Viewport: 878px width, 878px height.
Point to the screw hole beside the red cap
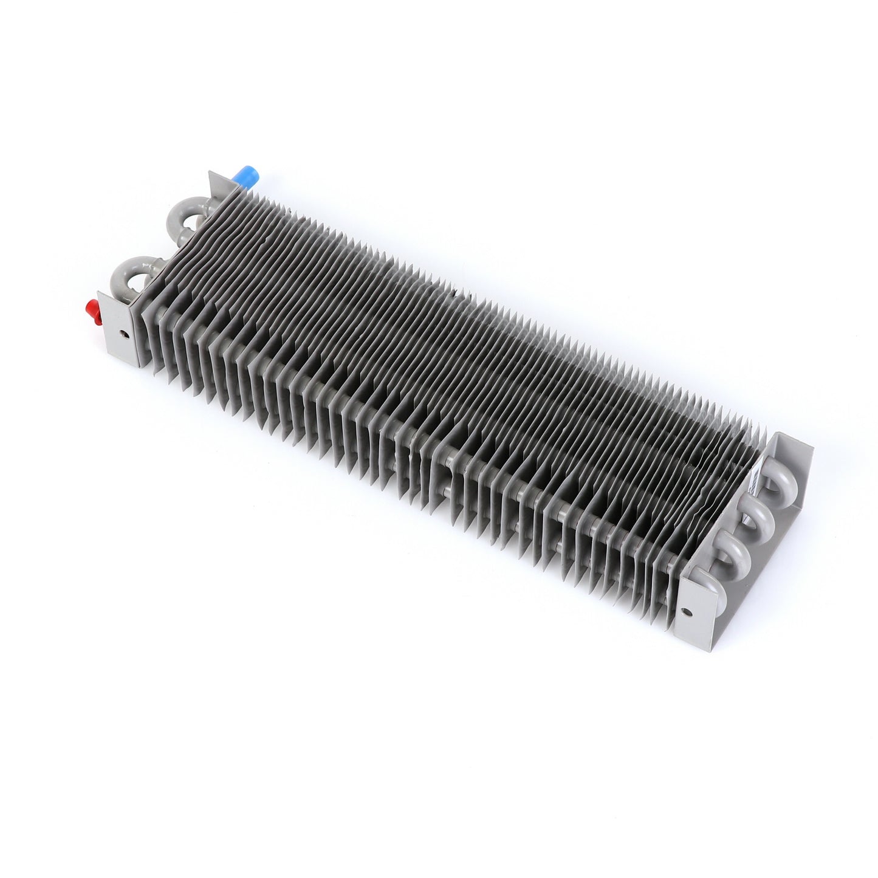click(x=123, y=334)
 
